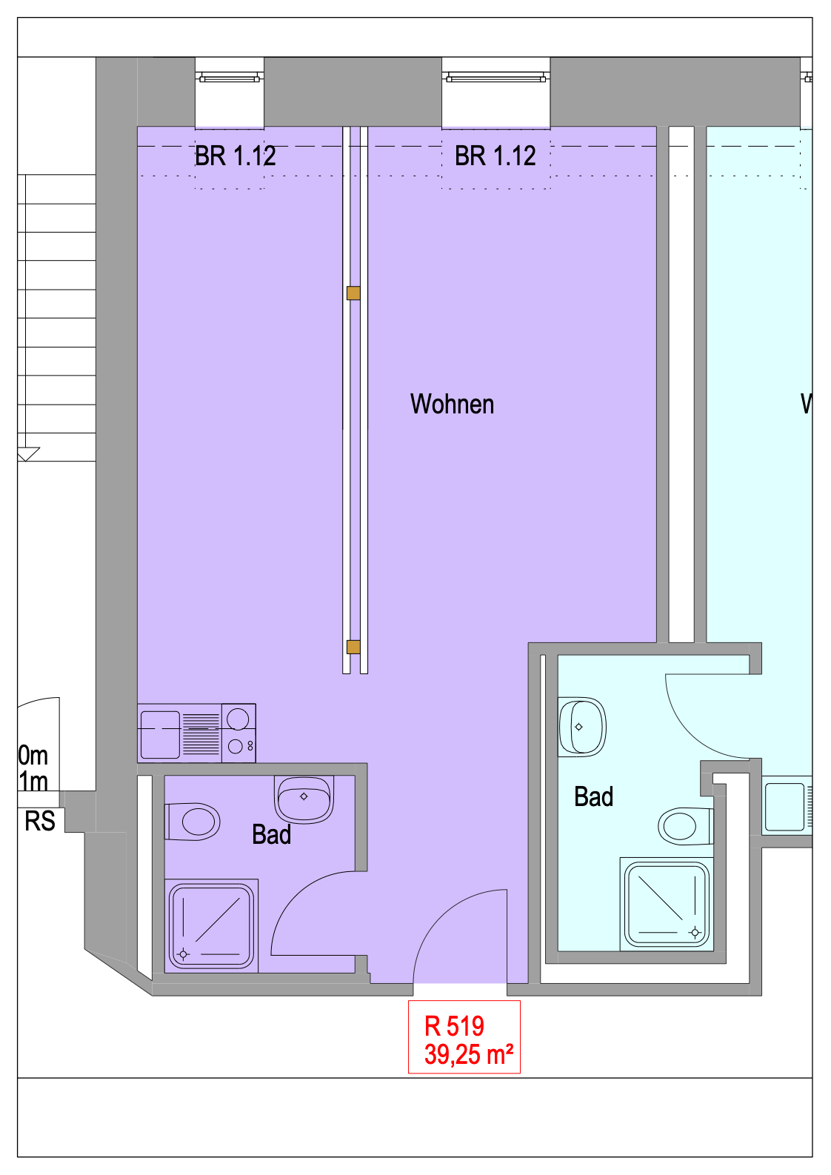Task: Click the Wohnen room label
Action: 452,405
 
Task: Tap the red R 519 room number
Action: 454,1027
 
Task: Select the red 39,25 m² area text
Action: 469,1054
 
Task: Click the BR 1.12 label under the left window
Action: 236,156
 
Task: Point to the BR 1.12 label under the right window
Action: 495,156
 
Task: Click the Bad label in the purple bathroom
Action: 271,834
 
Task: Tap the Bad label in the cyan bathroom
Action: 593,796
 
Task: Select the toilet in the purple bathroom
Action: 192,822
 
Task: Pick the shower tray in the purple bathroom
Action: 211,926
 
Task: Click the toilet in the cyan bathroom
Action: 686,826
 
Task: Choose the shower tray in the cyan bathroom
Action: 667,905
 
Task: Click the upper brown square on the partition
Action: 353,293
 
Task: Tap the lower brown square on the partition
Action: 353,647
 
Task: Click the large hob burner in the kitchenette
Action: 238,719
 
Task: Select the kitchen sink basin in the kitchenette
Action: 161,734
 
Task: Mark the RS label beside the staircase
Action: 40,821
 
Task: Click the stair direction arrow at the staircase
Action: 29,454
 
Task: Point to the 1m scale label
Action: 33,782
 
